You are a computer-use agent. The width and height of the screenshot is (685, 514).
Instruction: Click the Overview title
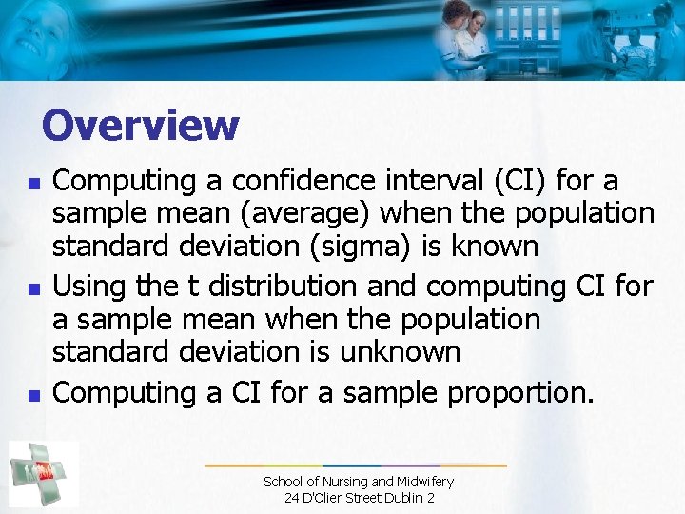[x=141, y=125]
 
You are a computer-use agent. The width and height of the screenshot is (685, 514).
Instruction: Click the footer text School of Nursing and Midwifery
[x=358, y=482]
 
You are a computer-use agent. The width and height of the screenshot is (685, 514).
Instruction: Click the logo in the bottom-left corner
[x=44, y=473]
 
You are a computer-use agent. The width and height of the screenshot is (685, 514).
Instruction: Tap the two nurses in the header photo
[x=464, y=38]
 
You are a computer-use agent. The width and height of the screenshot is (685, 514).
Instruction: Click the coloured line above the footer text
[x=356, y=465]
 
